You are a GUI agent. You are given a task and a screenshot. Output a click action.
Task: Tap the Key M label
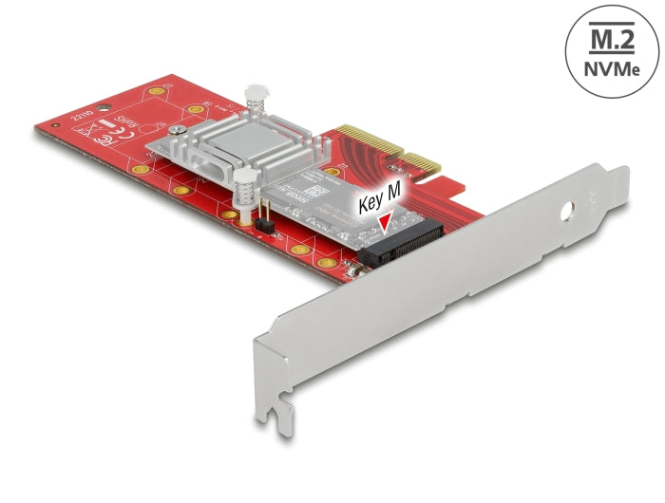(384, 203)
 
